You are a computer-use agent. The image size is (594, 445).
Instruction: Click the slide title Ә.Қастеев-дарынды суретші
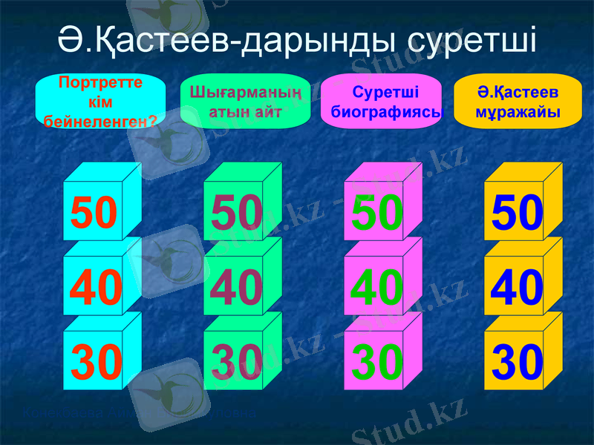tap(297, 39)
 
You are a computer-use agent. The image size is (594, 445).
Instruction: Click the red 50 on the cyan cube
tap(94, 212)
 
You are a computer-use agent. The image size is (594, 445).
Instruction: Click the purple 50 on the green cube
tap(236, 212)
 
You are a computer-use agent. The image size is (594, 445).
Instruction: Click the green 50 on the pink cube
tap(377, 212)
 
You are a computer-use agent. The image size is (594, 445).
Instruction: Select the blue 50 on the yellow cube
tap(518, 212)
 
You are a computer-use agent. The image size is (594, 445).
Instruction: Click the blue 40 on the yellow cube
tap(518, 288)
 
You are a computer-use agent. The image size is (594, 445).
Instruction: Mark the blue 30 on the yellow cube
tap(518, 362)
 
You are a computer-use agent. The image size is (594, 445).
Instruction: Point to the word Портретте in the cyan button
tap(100, 82)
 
